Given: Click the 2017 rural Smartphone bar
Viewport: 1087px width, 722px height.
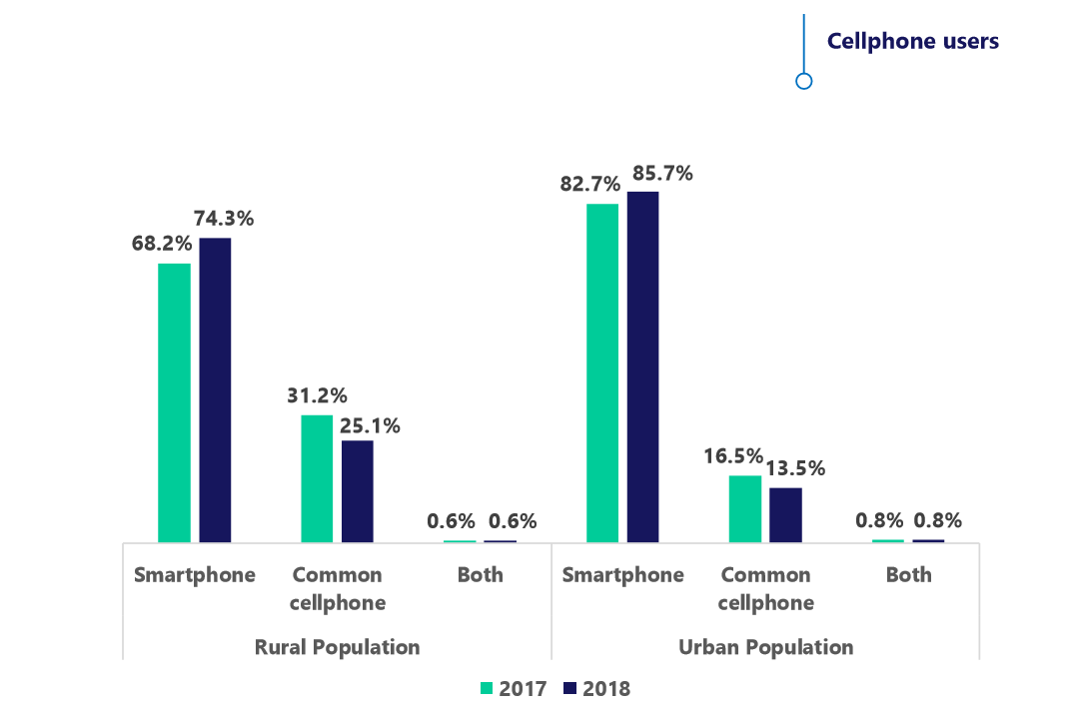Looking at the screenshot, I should click(x=174, y=402).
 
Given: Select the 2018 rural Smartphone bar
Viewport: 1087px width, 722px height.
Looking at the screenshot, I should click(x=215, y=389).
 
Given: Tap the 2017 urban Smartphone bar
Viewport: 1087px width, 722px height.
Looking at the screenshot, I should click(x=602, y=372).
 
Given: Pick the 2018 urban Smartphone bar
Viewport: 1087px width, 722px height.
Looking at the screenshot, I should click(x=642, y=366).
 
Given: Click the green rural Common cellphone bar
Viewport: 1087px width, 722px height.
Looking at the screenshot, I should click(x=317, y=478).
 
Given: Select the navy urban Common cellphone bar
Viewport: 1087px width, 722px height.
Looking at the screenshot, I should click(x=785, y=514).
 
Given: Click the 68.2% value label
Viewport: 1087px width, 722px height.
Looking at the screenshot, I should click(x=161, y=244).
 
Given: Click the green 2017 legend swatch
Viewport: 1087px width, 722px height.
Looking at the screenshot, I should click(x=488, y=688).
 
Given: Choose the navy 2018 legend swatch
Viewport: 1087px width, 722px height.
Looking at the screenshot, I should click(x=570, y=688).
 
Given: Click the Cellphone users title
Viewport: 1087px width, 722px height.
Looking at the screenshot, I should click(x=912, y=41).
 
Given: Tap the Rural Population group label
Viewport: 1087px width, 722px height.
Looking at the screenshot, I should click(x=337, y=647).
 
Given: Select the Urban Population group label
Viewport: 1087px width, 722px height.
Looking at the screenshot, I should click(x=765, y=647).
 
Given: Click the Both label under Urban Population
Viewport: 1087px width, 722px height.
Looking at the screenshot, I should click(x=908, y=575).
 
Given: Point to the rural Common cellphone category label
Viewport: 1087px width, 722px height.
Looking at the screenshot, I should click(x=337, y=588).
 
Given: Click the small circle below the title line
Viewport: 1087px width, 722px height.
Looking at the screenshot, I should click(x=803, y=81).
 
